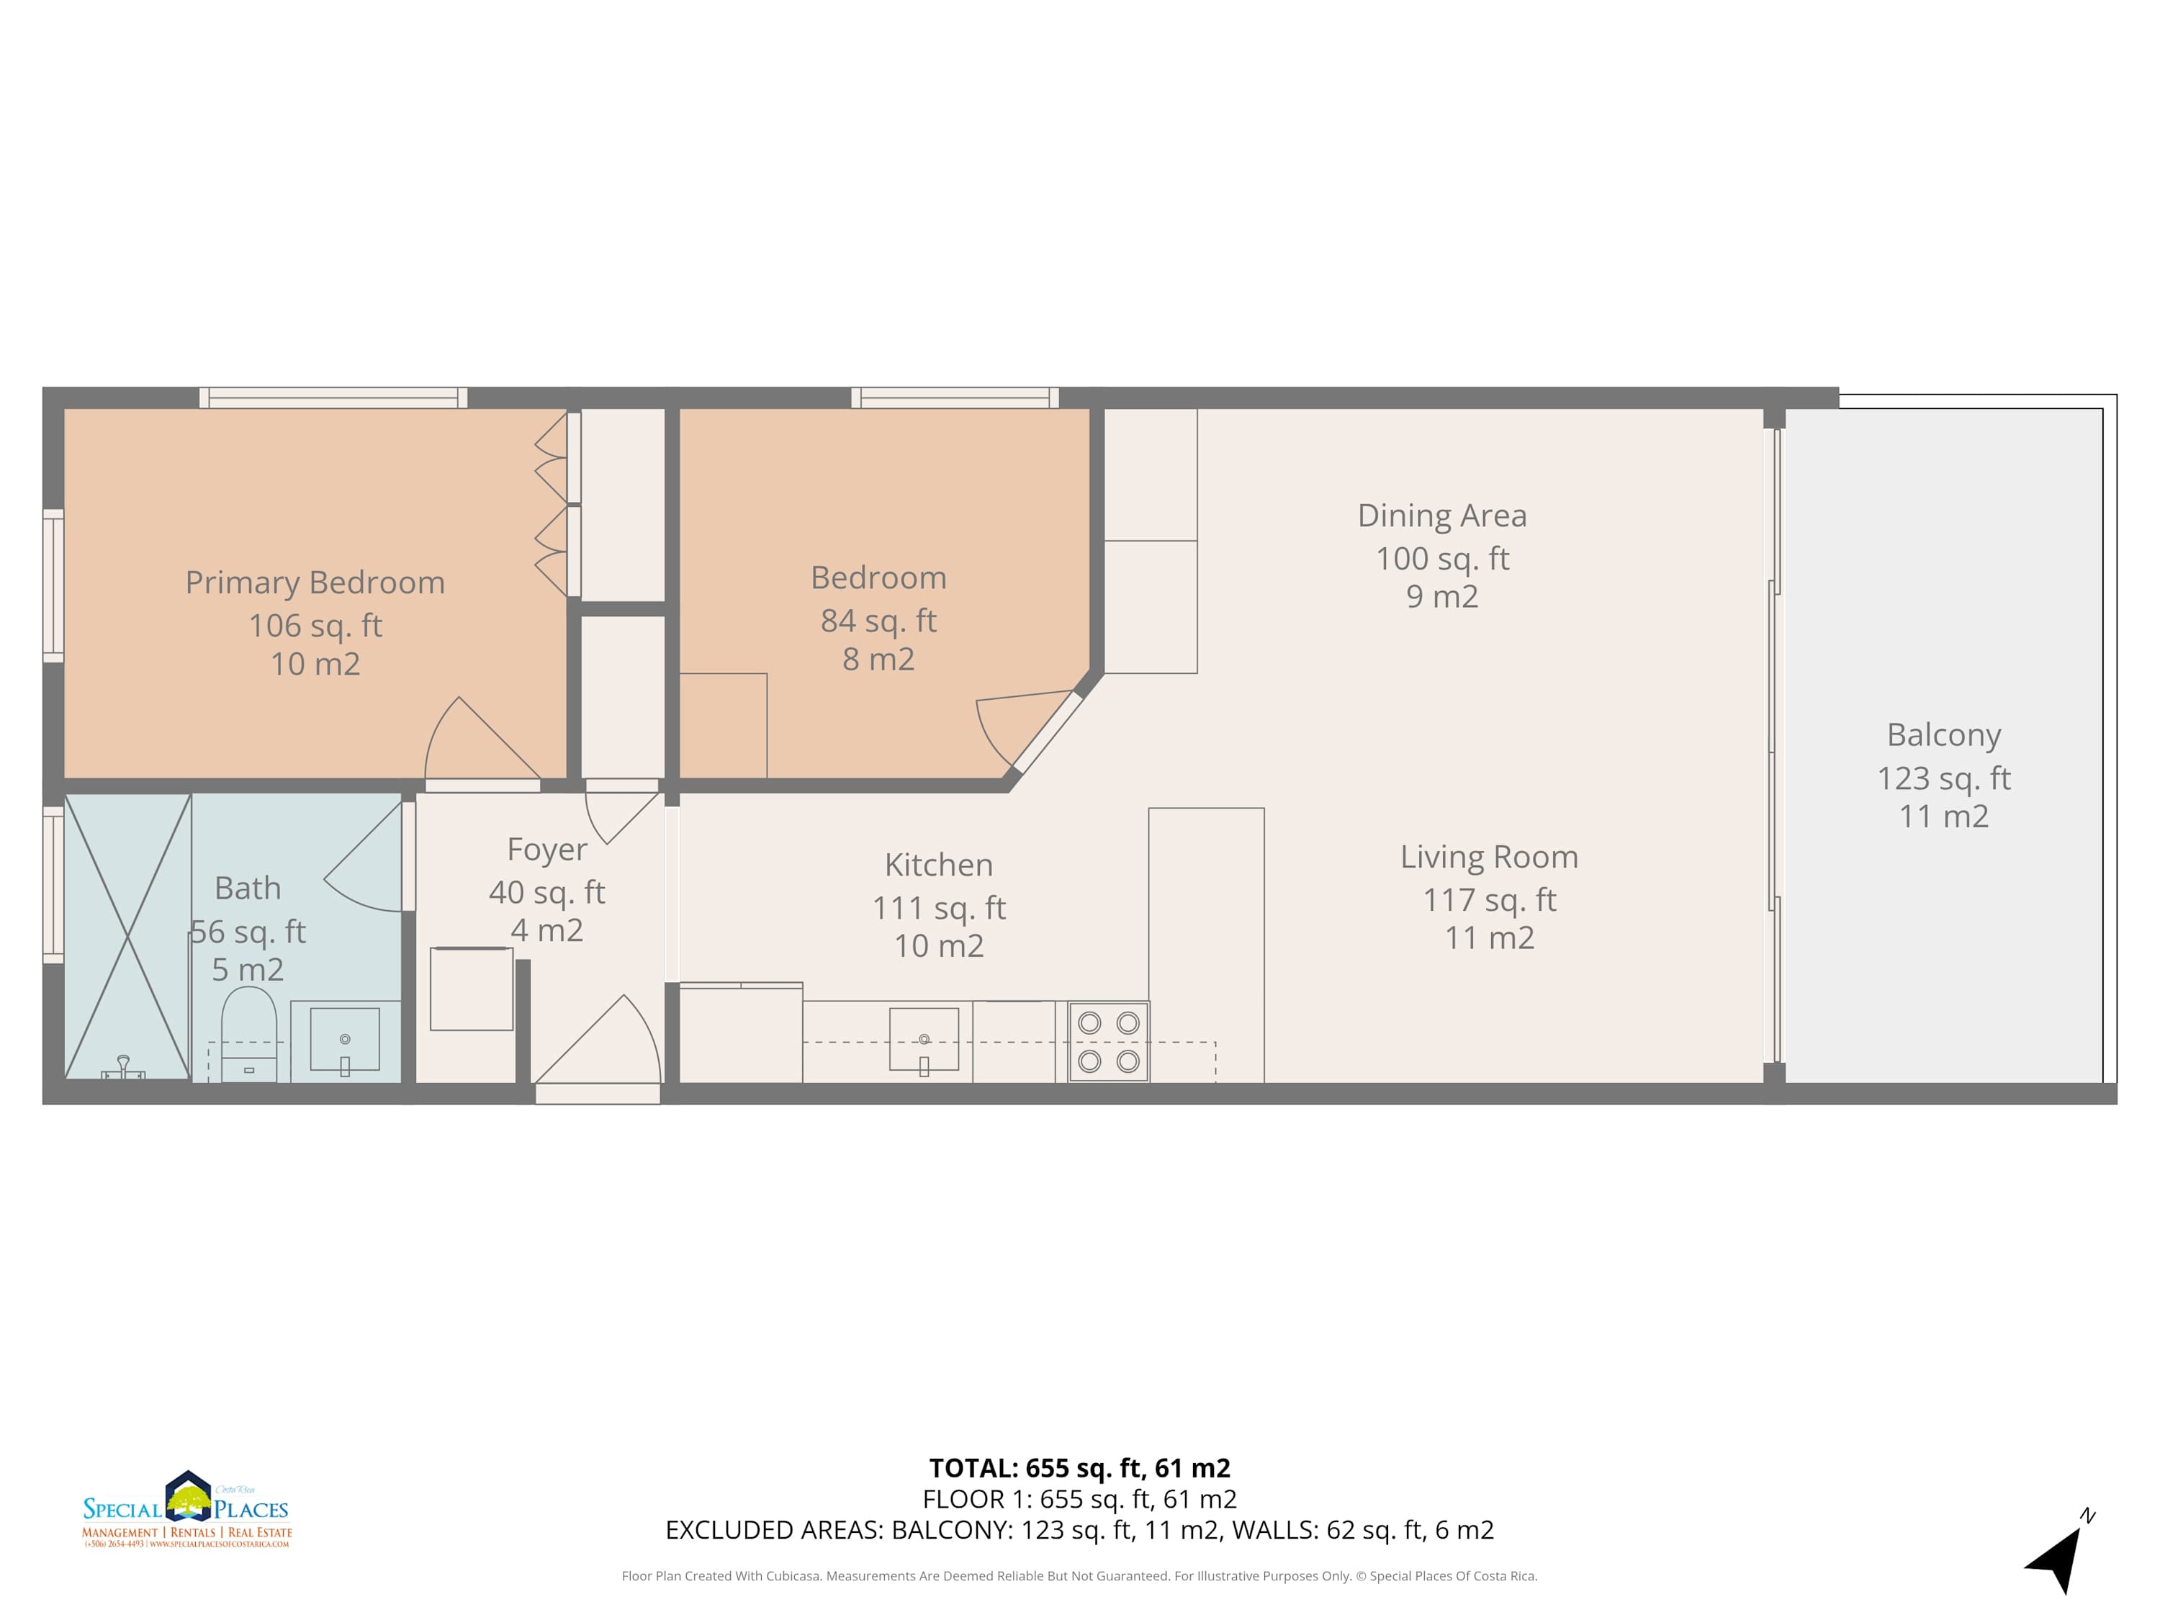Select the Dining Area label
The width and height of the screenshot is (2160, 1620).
coord(1441,515)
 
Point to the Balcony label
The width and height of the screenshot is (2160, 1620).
coord(1943,734)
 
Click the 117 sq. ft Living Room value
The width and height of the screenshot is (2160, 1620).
coord(1488,899)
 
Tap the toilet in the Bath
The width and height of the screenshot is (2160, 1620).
coord(249,1033)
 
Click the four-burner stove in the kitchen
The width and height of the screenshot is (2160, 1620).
coord(1108,1042)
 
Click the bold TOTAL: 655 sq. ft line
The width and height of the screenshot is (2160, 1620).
coord(1079,1467)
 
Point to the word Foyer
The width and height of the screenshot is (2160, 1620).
coord(546,850)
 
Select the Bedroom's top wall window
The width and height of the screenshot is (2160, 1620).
coord(954,397)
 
